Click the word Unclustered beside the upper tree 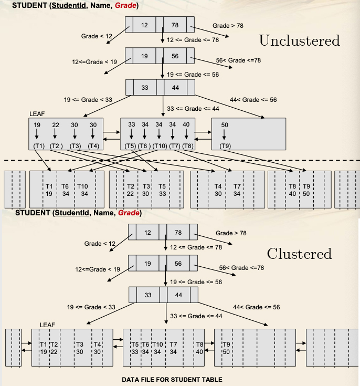tap(299, 41)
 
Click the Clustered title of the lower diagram tap(299, 254)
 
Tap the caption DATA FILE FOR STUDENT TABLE tap(172, 379)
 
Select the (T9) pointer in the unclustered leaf tap(225, 145)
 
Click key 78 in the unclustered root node tap(175, 25)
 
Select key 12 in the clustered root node tap(147, 232)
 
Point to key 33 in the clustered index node tap(148, 295)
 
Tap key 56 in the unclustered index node tap(175, 56)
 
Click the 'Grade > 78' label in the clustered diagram tap(231, 233)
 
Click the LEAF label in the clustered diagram tap(47, 325)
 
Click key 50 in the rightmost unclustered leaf tap(225, 124)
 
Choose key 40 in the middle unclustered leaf tap(186, 124)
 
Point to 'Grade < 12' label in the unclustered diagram tap(97, 36)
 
